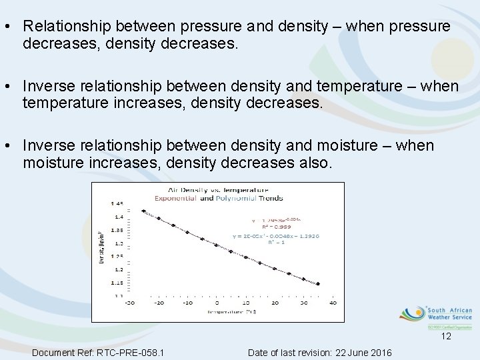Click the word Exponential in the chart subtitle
(176, 198)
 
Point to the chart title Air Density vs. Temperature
(219, 190)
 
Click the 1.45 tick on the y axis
(118, 203)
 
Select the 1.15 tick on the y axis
(118, 283)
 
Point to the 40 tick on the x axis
(332, 303)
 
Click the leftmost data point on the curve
(143, 211)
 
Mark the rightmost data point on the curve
(317, 284)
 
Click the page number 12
(446, 337)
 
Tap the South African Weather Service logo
(436, 316)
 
